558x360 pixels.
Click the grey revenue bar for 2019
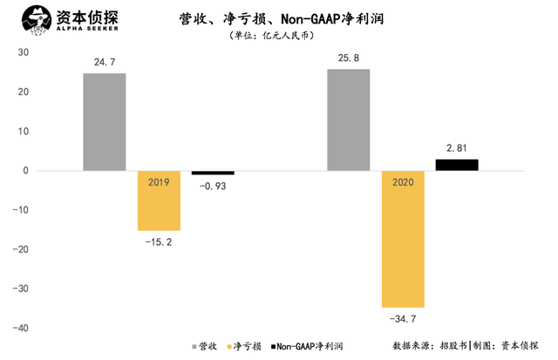[x=105, y=122]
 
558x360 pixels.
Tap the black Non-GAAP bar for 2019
[x=213, y=173]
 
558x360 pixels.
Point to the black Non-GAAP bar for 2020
[x=457, y=165]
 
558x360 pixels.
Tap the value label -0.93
[x=214, y=186]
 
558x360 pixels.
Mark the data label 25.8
[x=349, y=58]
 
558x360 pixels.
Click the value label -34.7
[x=402, y=319]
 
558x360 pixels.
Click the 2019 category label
[x=159, y=182]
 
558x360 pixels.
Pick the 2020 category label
[x=402, y=182]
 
